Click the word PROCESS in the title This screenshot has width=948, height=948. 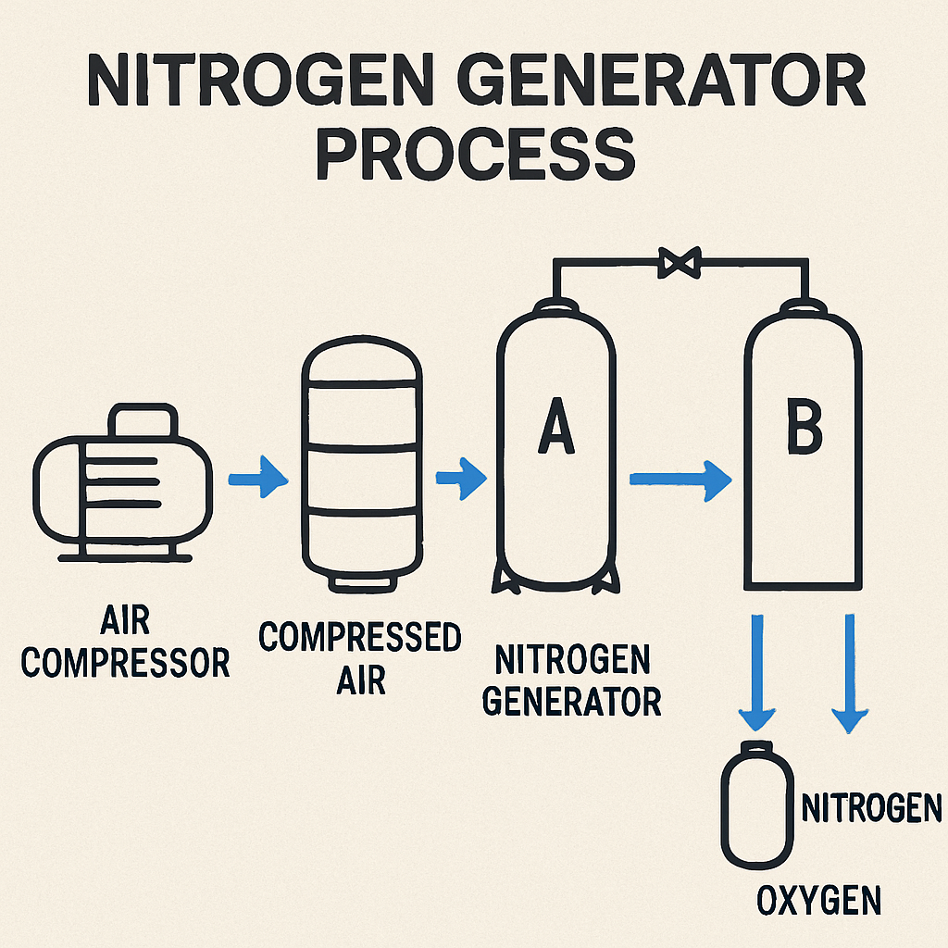click(475, 154)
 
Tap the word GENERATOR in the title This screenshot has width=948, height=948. click(661, 80)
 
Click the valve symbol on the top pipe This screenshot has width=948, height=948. click(680, 262)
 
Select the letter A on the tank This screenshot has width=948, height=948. click(556, 425)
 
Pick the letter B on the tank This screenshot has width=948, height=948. click(805, 428)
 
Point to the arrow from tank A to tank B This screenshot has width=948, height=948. click(680, 480)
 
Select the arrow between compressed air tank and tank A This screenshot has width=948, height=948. click(461, 479)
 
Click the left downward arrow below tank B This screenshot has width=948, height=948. click(757, 672)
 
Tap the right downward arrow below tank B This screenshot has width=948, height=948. click(850, 674)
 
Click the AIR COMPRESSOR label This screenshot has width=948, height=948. click(125, 641)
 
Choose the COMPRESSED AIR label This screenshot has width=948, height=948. click(360, 658)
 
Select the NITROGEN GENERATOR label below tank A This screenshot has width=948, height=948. click(571, 680)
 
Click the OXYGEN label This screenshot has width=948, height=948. click(818, 901)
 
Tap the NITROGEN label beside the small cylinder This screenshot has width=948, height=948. click(871, 807)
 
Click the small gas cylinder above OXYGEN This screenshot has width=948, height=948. click(757, 805)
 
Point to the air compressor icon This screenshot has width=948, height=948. click(123, 482)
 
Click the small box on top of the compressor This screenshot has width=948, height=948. click(143, 419)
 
